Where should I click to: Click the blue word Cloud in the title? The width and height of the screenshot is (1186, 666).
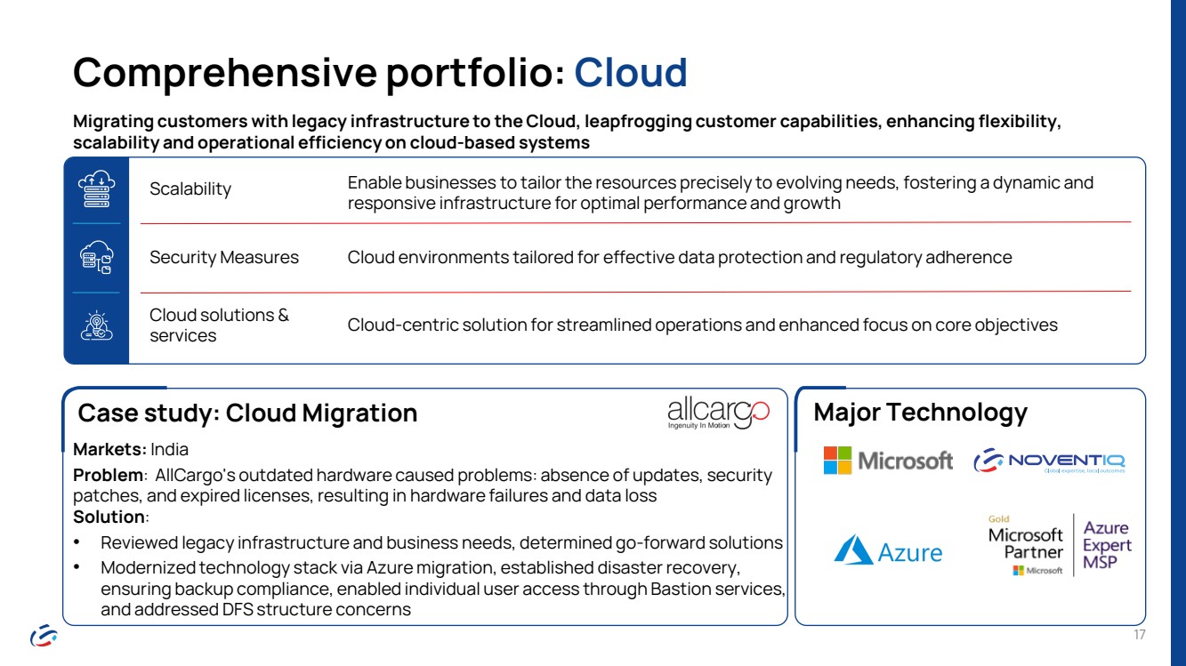pos(631,72)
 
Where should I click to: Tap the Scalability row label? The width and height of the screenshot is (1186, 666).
pos(190,189)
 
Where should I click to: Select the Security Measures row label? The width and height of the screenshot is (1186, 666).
pos(224,257)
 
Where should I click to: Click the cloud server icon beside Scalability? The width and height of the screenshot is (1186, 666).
pos(96,189)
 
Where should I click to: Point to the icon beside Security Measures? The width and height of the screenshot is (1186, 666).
pos(96,257)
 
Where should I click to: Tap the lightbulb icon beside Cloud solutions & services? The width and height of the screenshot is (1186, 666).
pos(96,325)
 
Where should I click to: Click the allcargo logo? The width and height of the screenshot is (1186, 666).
pos(719,413)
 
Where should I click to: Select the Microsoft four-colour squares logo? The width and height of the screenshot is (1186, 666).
pos(837,461)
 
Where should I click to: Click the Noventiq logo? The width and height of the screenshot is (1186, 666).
pos(1049,461)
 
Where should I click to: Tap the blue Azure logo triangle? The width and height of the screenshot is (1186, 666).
pos(853,550)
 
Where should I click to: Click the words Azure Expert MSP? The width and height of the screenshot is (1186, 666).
pos(1107,545)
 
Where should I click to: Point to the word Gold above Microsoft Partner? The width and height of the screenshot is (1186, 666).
pos(998,519)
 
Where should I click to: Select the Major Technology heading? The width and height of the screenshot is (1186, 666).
pos(920,412)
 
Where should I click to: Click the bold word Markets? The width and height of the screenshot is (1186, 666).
pos(109,449)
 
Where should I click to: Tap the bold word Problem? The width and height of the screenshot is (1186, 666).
pos(108,476)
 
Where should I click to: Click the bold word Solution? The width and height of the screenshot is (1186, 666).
pos(109,517)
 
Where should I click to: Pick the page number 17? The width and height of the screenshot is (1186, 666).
pos(1140,635)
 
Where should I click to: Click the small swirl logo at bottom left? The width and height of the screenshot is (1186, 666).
pos(44,635)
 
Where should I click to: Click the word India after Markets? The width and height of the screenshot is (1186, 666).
pos(169,449)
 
